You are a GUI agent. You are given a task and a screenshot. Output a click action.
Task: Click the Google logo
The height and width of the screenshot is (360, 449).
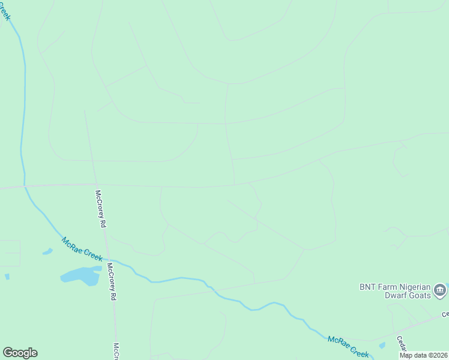[20, 353]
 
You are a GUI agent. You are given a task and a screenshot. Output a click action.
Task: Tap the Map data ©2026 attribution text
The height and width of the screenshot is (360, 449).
[423, 355]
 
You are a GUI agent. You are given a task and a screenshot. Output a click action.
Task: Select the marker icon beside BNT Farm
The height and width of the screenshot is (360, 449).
[441, 290]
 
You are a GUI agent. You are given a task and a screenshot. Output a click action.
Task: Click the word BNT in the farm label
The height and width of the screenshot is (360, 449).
[367, 286]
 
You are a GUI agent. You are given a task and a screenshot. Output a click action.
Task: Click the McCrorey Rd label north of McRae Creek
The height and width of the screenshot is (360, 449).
[101, 208]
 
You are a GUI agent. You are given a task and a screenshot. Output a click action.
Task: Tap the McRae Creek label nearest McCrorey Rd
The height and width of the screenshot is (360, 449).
[82, 248]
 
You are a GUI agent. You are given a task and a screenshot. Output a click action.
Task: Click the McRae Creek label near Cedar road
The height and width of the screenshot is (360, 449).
[348, 347]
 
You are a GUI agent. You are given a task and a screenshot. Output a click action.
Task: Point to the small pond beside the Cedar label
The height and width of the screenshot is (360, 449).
[382, 346]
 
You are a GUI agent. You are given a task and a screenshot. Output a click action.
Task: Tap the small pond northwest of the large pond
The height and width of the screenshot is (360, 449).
[47, 251]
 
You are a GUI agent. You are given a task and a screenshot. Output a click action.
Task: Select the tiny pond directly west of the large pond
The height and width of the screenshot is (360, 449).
[7, 277]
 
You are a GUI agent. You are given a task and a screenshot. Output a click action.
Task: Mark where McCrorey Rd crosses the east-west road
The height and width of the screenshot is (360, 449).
[96, 184]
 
